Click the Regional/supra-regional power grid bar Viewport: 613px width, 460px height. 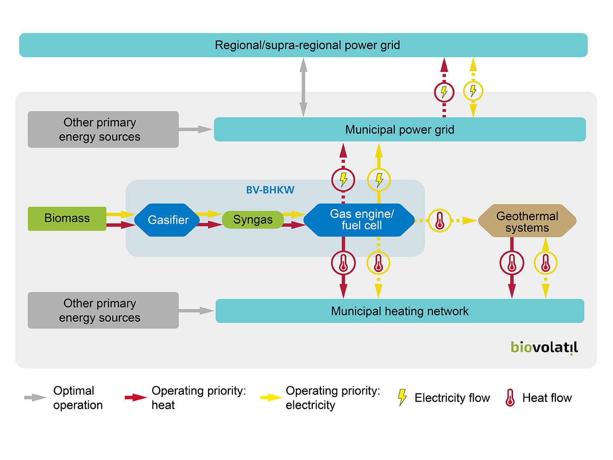click(x=303, y=45)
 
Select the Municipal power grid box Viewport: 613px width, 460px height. click(x=399, y=129)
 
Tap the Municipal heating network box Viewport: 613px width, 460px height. click(x=399, y=311)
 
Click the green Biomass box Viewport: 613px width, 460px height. click(x=67, y=218)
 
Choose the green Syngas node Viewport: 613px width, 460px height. click(x=252, y=220)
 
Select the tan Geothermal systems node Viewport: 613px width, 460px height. click(x=527, y=221)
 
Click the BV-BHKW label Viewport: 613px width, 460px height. click(x=270, y=190)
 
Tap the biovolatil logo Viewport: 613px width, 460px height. click(x=544, y=348)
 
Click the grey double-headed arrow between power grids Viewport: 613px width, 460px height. click(x=303, y=87)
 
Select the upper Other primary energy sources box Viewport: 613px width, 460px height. click(x=103, y=129)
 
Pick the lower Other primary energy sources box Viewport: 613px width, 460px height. click(x=103, y=310)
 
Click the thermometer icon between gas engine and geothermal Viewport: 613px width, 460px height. click(x=440, y=221)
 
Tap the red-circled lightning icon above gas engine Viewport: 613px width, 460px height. click(x=343, y=180)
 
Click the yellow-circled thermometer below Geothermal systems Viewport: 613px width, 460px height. click(x=545, y=263)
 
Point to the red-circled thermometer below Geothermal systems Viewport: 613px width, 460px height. click(x=512, y=263)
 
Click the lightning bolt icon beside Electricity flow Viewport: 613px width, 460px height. click(x=402, y=397)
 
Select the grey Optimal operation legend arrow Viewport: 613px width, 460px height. click(x=35, y=397)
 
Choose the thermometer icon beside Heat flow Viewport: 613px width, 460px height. click(x=510, y=397)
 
